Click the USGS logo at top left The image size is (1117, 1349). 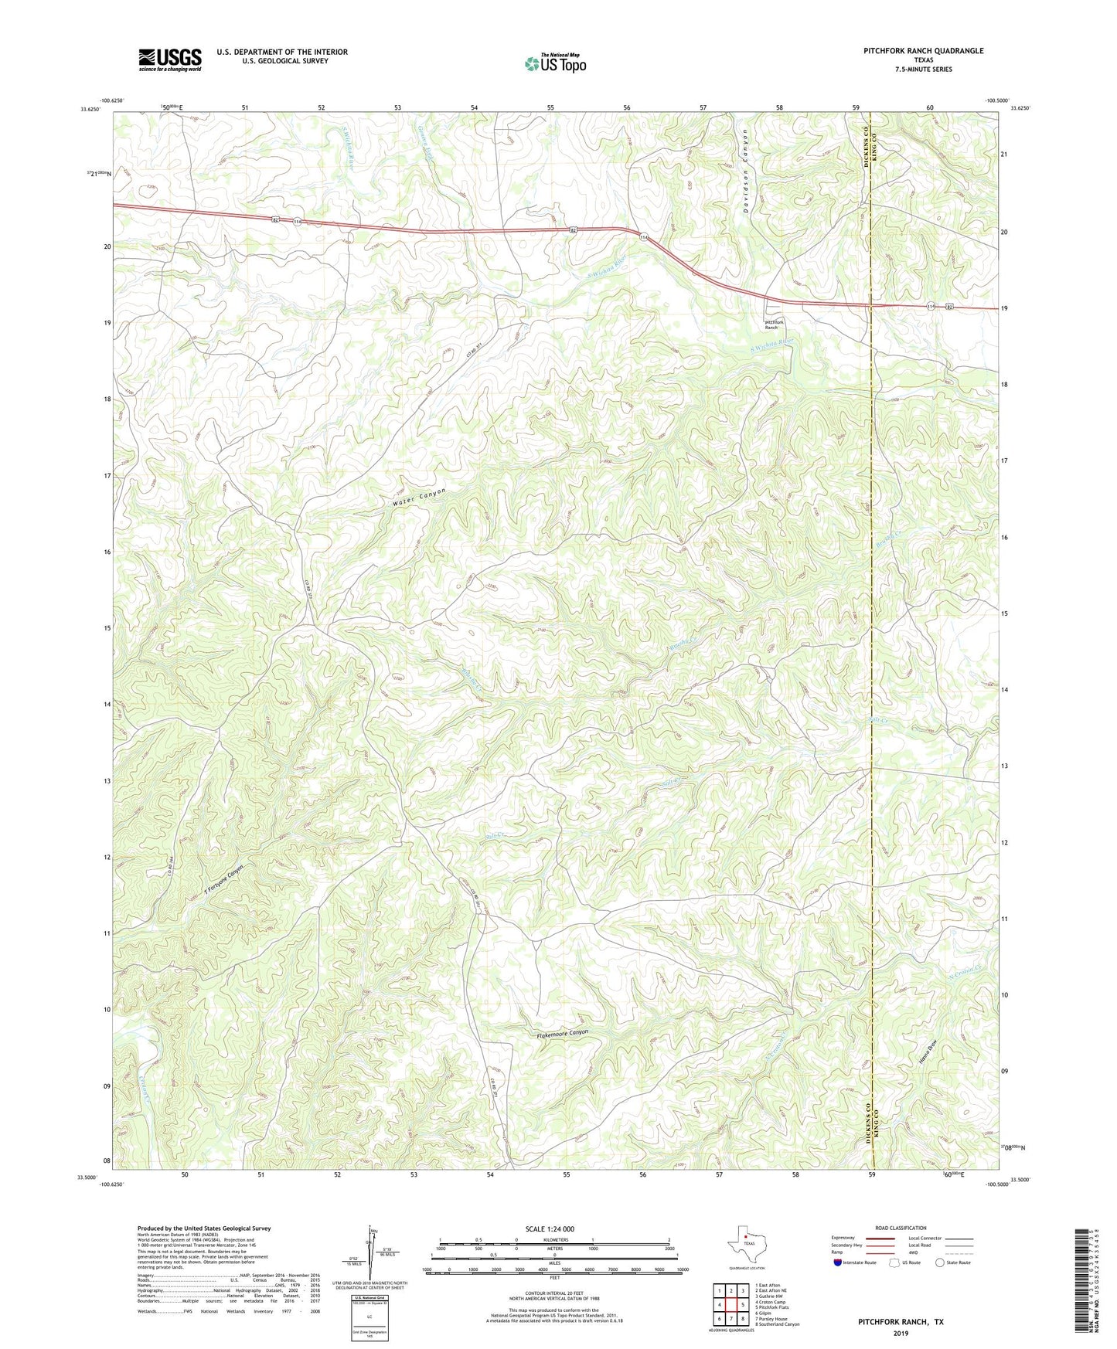(170, 59)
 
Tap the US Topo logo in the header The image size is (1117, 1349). (555, 63)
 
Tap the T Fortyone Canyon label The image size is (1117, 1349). (225, 880)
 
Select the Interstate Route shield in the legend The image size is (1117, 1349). (839, 1262)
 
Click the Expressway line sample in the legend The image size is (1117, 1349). (880, 1238)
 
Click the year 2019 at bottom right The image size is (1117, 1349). (901, 1333)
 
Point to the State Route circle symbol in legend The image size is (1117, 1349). (940, 1262)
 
